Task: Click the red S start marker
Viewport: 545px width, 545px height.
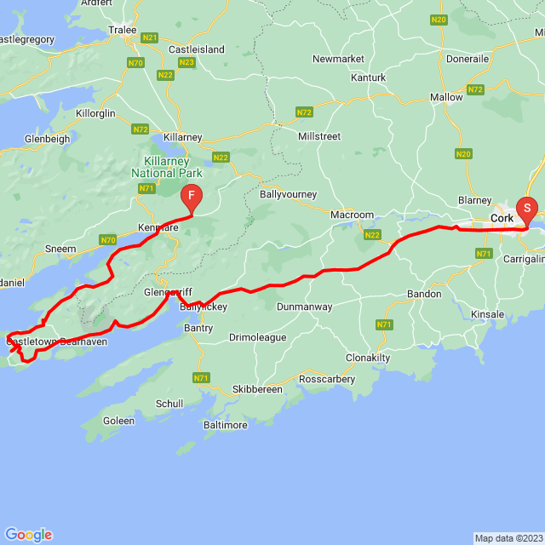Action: [x=527, y=208]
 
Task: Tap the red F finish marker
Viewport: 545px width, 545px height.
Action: [x=192, y=197]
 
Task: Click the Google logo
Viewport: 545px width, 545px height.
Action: [x=28, y=535]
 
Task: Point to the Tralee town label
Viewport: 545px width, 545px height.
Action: [x=123, y=29]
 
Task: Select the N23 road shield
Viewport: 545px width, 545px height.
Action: [x=187, y=62]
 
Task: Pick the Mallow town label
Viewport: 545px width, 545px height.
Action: [x=446, y=97]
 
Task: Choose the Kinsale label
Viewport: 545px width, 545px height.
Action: [x=488, y=315]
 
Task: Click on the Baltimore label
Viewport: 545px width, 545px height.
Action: [x=226, y=425]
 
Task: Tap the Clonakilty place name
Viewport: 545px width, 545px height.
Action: [x=369, y=358]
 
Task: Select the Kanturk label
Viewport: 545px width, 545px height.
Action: [x=368, y=77]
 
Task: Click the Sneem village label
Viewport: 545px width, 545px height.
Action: [x=61, y=249]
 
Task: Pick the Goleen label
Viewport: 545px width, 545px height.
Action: [x=118, y=421]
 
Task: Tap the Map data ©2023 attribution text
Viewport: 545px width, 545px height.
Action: [x=508, y=538]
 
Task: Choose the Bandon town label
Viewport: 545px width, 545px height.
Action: [x=423, y=294]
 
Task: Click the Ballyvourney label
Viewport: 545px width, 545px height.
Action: [x=287, y=194]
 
